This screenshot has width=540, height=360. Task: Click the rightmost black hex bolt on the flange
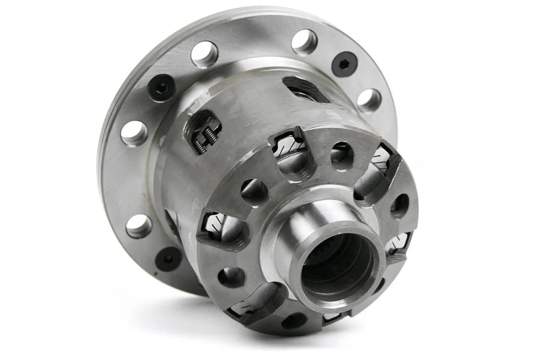[x=344, y=64]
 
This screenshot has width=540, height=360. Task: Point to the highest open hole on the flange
[x=304, y=42]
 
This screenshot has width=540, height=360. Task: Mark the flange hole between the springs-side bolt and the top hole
[x=205, y=54]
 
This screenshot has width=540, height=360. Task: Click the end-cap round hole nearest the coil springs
[x=255, y=192]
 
